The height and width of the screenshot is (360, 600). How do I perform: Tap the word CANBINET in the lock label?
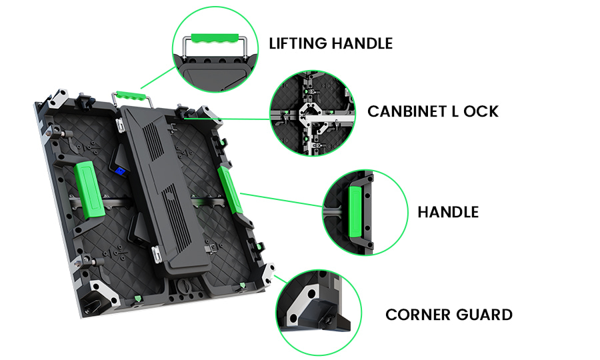pyautogui.click(x=404, y=111)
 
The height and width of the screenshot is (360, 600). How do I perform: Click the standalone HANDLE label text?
pyautogui.click(x=448, y=212)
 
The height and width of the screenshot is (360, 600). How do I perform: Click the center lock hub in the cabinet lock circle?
pyautogui.click(x=310, y=115)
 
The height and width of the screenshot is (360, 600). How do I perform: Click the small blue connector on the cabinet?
pyautogui.click(x=121, y=171)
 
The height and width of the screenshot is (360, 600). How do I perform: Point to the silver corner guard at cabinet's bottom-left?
pyautogui.click(x=93, y=295)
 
